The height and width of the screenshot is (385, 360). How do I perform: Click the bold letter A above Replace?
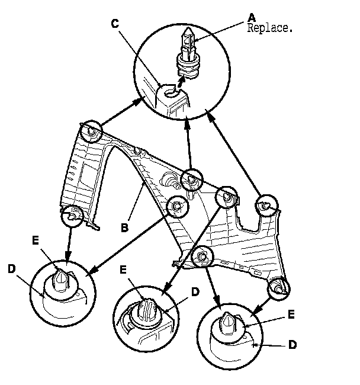point(252,17)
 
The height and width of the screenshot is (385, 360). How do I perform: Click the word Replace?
point(269,28)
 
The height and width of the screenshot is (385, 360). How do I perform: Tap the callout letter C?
point(115,24)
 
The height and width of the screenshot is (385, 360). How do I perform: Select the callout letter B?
point(125,228)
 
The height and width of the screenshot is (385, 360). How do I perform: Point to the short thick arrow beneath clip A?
point(181,82)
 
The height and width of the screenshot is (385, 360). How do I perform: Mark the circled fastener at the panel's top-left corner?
point(91,131)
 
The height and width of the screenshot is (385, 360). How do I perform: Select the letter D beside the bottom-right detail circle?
point(292,345)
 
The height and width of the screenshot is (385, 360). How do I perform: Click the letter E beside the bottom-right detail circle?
point(291,315)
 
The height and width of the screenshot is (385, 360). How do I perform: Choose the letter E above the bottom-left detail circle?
point(36,240)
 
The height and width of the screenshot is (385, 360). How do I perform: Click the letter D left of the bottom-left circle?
point(11,269)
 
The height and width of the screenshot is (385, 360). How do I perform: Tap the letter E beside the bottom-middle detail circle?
point(123,269)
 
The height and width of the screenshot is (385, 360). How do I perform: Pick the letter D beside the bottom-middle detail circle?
point(195,292)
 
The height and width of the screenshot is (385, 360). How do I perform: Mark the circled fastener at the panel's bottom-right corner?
point(279,289)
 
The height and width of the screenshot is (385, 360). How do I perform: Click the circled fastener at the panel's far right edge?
point(267,206)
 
